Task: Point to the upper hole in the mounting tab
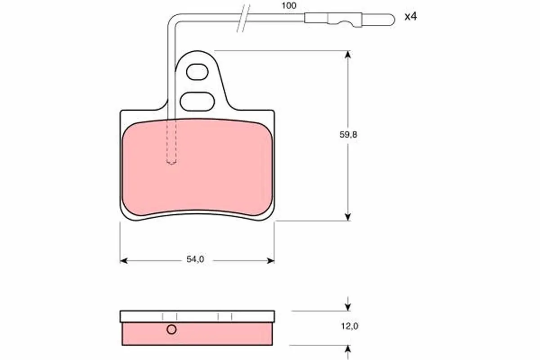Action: [x=197, y=72]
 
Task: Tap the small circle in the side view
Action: [x=171, y=330]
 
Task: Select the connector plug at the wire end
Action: [x=333, y=18]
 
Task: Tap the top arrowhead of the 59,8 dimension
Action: [x=347, y=54]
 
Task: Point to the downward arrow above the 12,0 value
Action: [x=347, y=306]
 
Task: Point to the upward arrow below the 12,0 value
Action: [x=347, y=349]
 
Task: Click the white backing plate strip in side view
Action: [x=197, y=316]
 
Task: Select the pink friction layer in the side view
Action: [x=216, y=334]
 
